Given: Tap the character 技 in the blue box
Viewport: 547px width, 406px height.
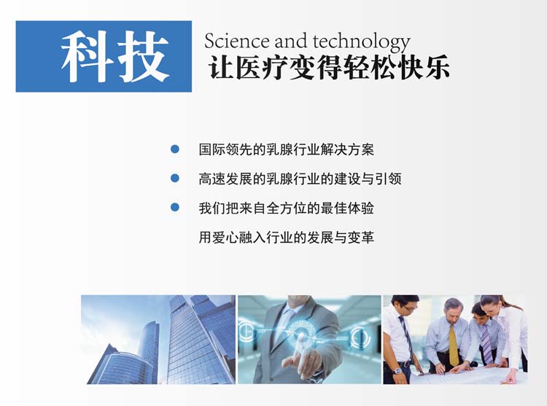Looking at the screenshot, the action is point(144,56).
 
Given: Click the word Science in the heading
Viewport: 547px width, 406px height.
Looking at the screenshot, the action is point(236,41).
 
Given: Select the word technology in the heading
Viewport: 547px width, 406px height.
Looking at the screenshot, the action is point(361,42).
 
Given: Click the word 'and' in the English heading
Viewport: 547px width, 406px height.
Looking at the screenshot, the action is point(290,41).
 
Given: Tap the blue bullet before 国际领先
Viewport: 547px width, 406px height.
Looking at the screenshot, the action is point(175,149).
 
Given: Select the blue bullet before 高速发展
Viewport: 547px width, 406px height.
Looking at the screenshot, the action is point(175,178).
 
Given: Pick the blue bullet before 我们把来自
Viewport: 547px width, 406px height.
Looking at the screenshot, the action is point(175,207).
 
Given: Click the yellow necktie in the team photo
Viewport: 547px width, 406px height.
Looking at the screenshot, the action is point(453,345).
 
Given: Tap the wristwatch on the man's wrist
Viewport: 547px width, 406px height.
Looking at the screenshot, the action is point(397,371).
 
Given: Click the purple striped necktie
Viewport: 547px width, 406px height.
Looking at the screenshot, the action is point(486,343).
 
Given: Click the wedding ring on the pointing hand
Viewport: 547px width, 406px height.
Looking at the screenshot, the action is point(312,358).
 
